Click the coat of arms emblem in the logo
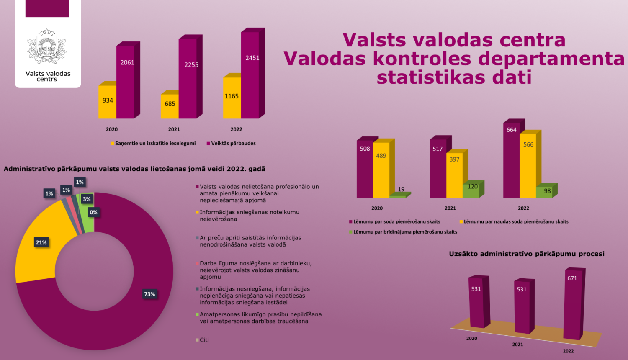47,46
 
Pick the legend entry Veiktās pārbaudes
231,143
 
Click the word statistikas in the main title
431,77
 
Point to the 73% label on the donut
149,294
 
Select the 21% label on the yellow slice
41,242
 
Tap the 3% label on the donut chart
87,199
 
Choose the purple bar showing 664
512,159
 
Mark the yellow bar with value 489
382,169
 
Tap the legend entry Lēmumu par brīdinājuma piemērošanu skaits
403,232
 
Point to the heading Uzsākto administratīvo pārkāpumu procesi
527,254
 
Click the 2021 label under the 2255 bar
174,129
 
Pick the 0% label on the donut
93,213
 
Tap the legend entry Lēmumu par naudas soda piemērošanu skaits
514,221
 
